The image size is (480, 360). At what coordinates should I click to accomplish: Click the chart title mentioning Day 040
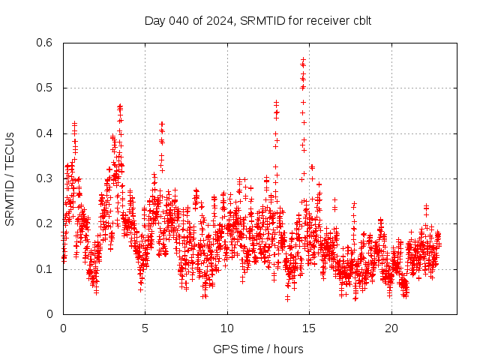pos(258,20)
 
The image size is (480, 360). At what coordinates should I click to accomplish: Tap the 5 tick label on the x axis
pos(145,328)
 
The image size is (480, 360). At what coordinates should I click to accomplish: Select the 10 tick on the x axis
pos(227,328)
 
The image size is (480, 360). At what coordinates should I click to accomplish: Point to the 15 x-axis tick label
pos(310,328)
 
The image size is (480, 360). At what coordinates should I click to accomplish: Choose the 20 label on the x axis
pos(391,328)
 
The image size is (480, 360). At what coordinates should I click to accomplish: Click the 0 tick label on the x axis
pos(63,328)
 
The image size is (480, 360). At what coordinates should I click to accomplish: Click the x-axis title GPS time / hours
pos(258,349)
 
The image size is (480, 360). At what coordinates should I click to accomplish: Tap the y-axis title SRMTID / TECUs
pos(10,178)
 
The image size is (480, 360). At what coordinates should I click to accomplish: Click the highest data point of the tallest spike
pos(303,58)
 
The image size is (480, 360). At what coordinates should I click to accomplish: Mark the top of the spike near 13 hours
pos(276,102)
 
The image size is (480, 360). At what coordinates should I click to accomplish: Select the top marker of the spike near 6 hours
pos(161,123)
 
